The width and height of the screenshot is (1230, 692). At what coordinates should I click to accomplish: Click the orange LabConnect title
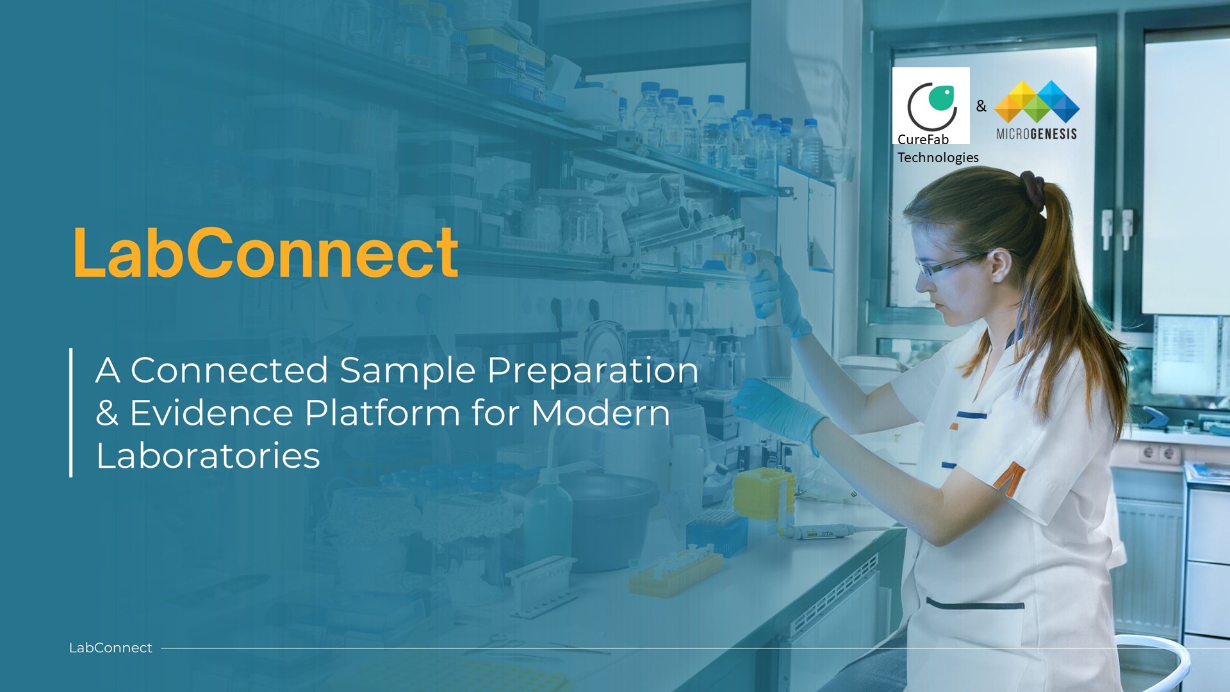(x=266, y=253)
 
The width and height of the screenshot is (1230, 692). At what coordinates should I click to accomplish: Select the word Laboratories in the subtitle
(x=208, y=456)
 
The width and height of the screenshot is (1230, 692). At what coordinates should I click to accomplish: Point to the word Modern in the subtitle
(x=601, y=413)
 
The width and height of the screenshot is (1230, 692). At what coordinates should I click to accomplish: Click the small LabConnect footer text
(x=110, y=648)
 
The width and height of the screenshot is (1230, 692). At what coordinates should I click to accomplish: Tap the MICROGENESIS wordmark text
(x=1037, y=134)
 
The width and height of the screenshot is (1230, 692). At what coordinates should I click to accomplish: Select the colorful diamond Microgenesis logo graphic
(x=1037, y=101)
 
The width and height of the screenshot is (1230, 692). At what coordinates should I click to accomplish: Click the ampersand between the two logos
(x=981, y=106)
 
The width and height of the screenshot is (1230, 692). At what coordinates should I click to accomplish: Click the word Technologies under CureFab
(x=938, y=157)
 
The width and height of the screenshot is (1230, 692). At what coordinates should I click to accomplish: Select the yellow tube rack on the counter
(x=675, y=572)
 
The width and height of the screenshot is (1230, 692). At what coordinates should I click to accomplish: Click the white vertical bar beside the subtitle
(x=70, y=413)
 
